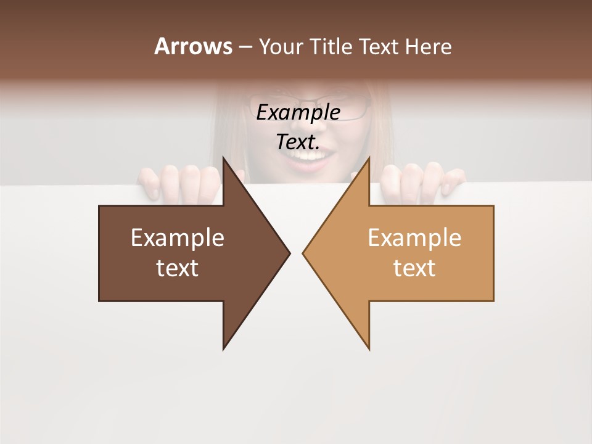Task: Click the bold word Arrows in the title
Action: tap(193, 47)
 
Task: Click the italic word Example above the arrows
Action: tap(298, 113)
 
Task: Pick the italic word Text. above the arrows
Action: tap(298, 142)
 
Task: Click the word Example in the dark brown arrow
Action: tap(178, 238)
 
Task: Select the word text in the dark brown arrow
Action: tap(178, 268)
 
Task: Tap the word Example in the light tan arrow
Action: tap(414, 238)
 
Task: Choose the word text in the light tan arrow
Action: tap(414, 268)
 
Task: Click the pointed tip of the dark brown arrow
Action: tap(289, 253)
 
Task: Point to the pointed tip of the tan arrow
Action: tap(303, 253)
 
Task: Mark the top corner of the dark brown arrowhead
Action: tap(224, 158)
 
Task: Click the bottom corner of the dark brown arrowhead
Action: tap(224, 349)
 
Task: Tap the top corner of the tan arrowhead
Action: tap(369, 158)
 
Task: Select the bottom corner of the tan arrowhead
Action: tap(369, 349)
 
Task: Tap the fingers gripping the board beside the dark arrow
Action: tap(179, 183)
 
